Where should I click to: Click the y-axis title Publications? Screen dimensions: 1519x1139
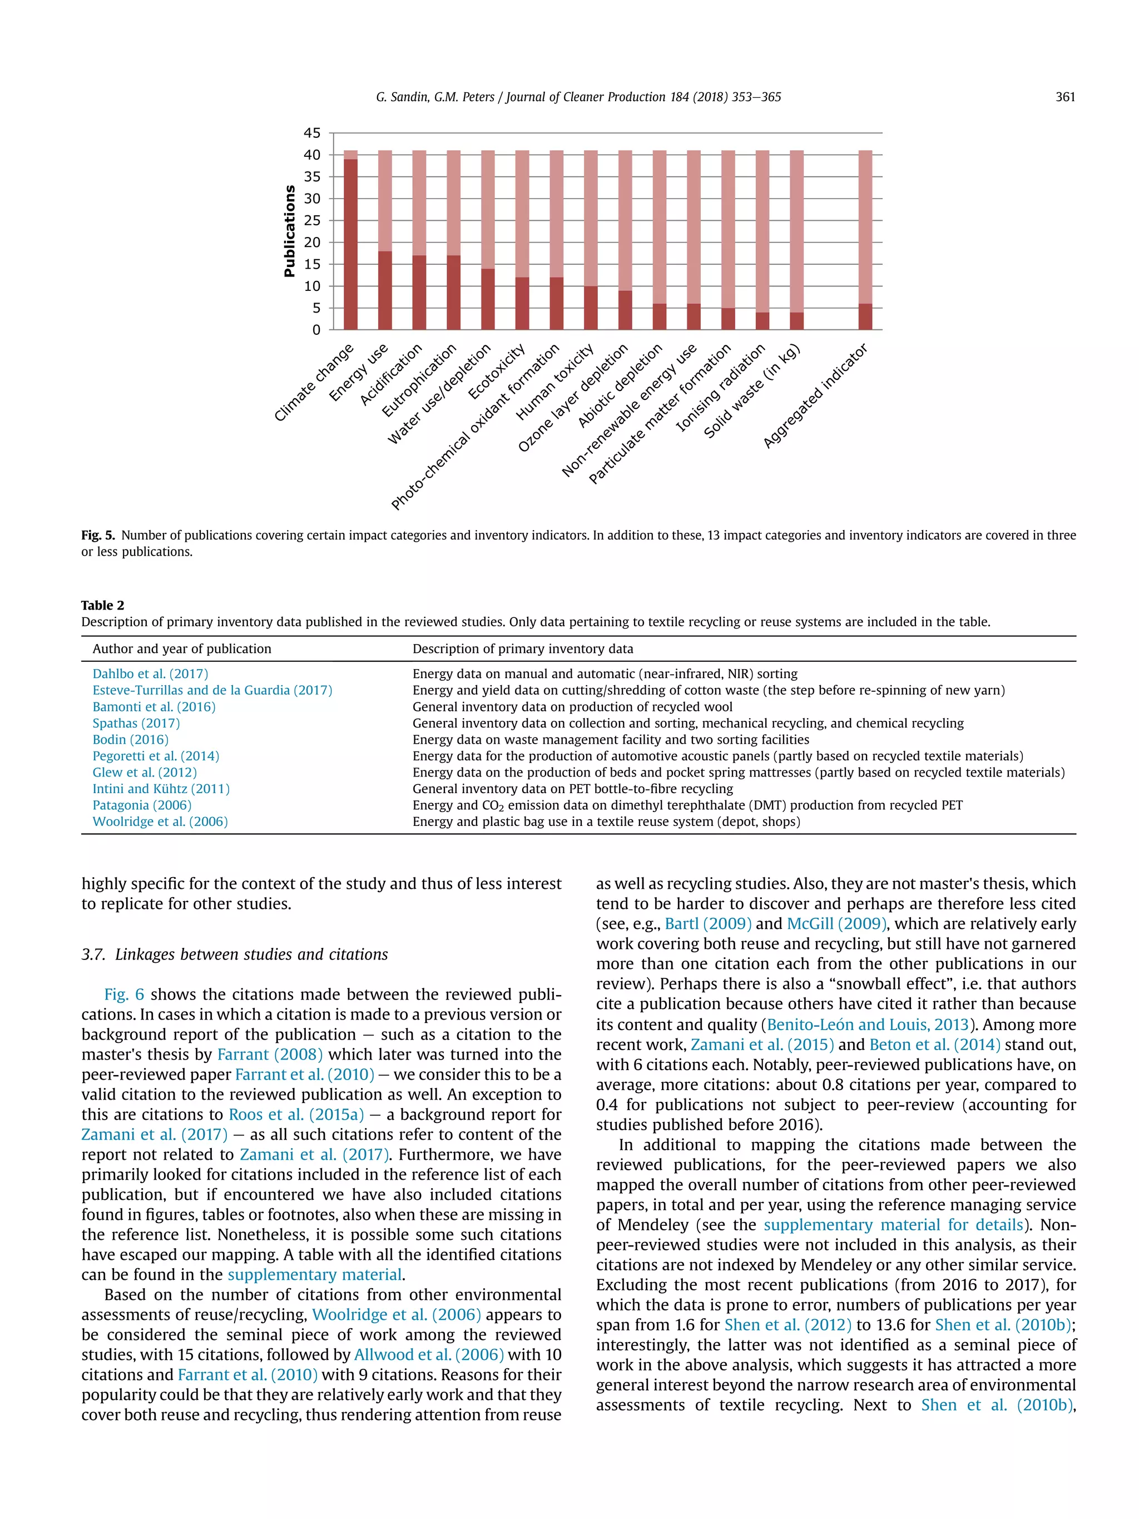[289, 231]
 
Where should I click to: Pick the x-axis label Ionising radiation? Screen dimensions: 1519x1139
[720, 388]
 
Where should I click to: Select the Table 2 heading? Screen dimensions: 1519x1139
[102, 605]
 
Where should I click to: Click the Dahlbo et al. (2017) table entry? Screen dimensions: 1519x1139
[150, 674]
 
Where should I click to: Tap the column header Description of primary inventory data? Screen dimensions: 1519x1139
[522, 649]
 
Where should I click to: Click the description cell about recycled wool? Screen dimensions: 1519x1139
[572, 706]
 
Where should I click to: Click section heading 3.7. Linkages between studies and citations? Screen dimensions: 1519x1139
[234, 954]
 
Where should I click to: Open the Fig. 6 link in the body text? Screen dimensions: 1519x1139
[124, 994]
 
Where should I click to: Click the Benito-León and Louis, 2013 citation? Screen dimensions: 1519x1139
[867, 1025]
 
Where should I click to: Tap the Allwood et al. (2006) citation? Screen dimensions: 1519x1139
[428, 1355]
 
